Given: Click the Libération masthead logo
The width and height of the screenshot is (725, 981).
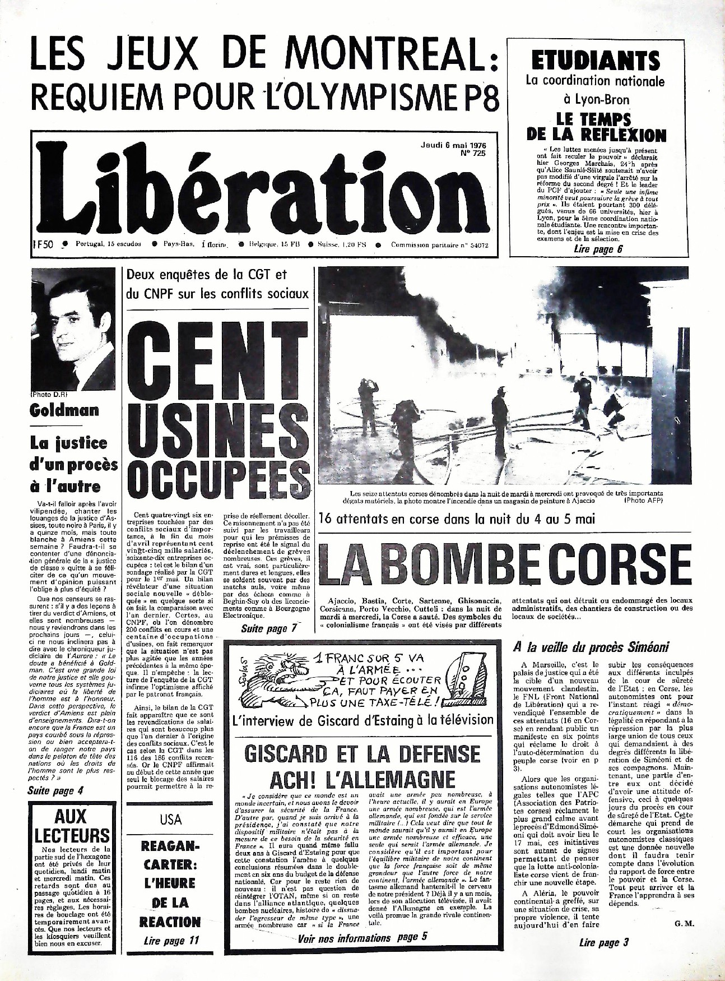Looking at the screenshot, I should pos(255,193).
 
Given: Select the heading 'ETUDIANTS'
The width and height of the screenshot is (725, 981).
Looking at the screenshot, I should pos(596,60).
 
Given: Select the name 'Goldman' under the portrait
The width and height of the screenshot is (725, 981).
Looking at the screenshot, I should pos(64,410).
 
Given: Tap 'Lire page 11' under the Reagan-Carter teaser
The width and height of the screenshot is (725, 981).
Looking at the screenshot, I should pos(170,940).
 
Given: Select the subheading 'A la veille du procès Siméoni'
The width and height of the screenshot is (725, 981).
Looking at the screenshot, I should pos(591,647).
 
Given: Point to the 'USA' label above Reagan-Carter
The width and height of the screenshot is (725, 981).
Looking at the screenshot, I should pos(170,820).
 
